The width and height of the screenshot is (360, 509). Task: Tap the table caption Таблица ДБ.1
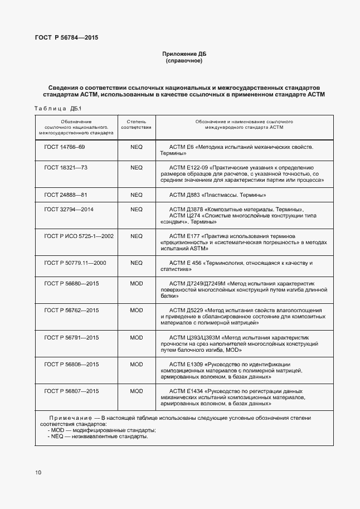[x=58, y=108]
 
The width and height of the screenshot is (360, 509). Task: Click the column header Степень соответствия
[x=137, y=124]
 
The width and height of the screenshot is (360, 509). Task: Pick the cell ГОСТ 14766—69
[x=65, y=147]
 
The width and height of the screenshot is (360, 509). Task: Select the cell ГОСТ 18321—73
[x=65, y=167]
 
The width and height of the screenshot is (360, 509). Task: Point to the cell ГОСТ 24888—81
[x=65, y=195]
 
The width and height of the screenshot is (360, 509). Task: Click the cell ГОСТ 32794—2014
[x=69, y=209]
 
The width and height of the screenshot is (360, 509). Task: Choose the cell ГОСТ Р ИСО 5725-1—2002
[x=79, y=236]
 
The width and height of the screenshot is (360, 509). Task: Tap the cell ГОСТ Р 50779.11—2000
[x=75, y=263]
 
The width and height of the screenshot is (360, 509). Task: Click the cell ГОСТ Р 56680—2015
[x=71, y=284]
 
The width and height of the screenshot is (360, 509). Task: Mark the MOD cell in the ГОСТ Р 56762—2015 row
[x=137, y=310]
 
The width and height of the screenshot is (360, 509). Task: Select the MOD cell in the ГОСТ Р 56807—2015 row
[x=137, y=391]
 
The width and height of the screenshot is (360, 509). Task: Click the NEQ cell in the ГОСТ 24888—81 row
[x=137, y=195]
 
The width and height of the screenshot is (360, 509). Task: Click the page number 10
[x=38, y=473]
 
